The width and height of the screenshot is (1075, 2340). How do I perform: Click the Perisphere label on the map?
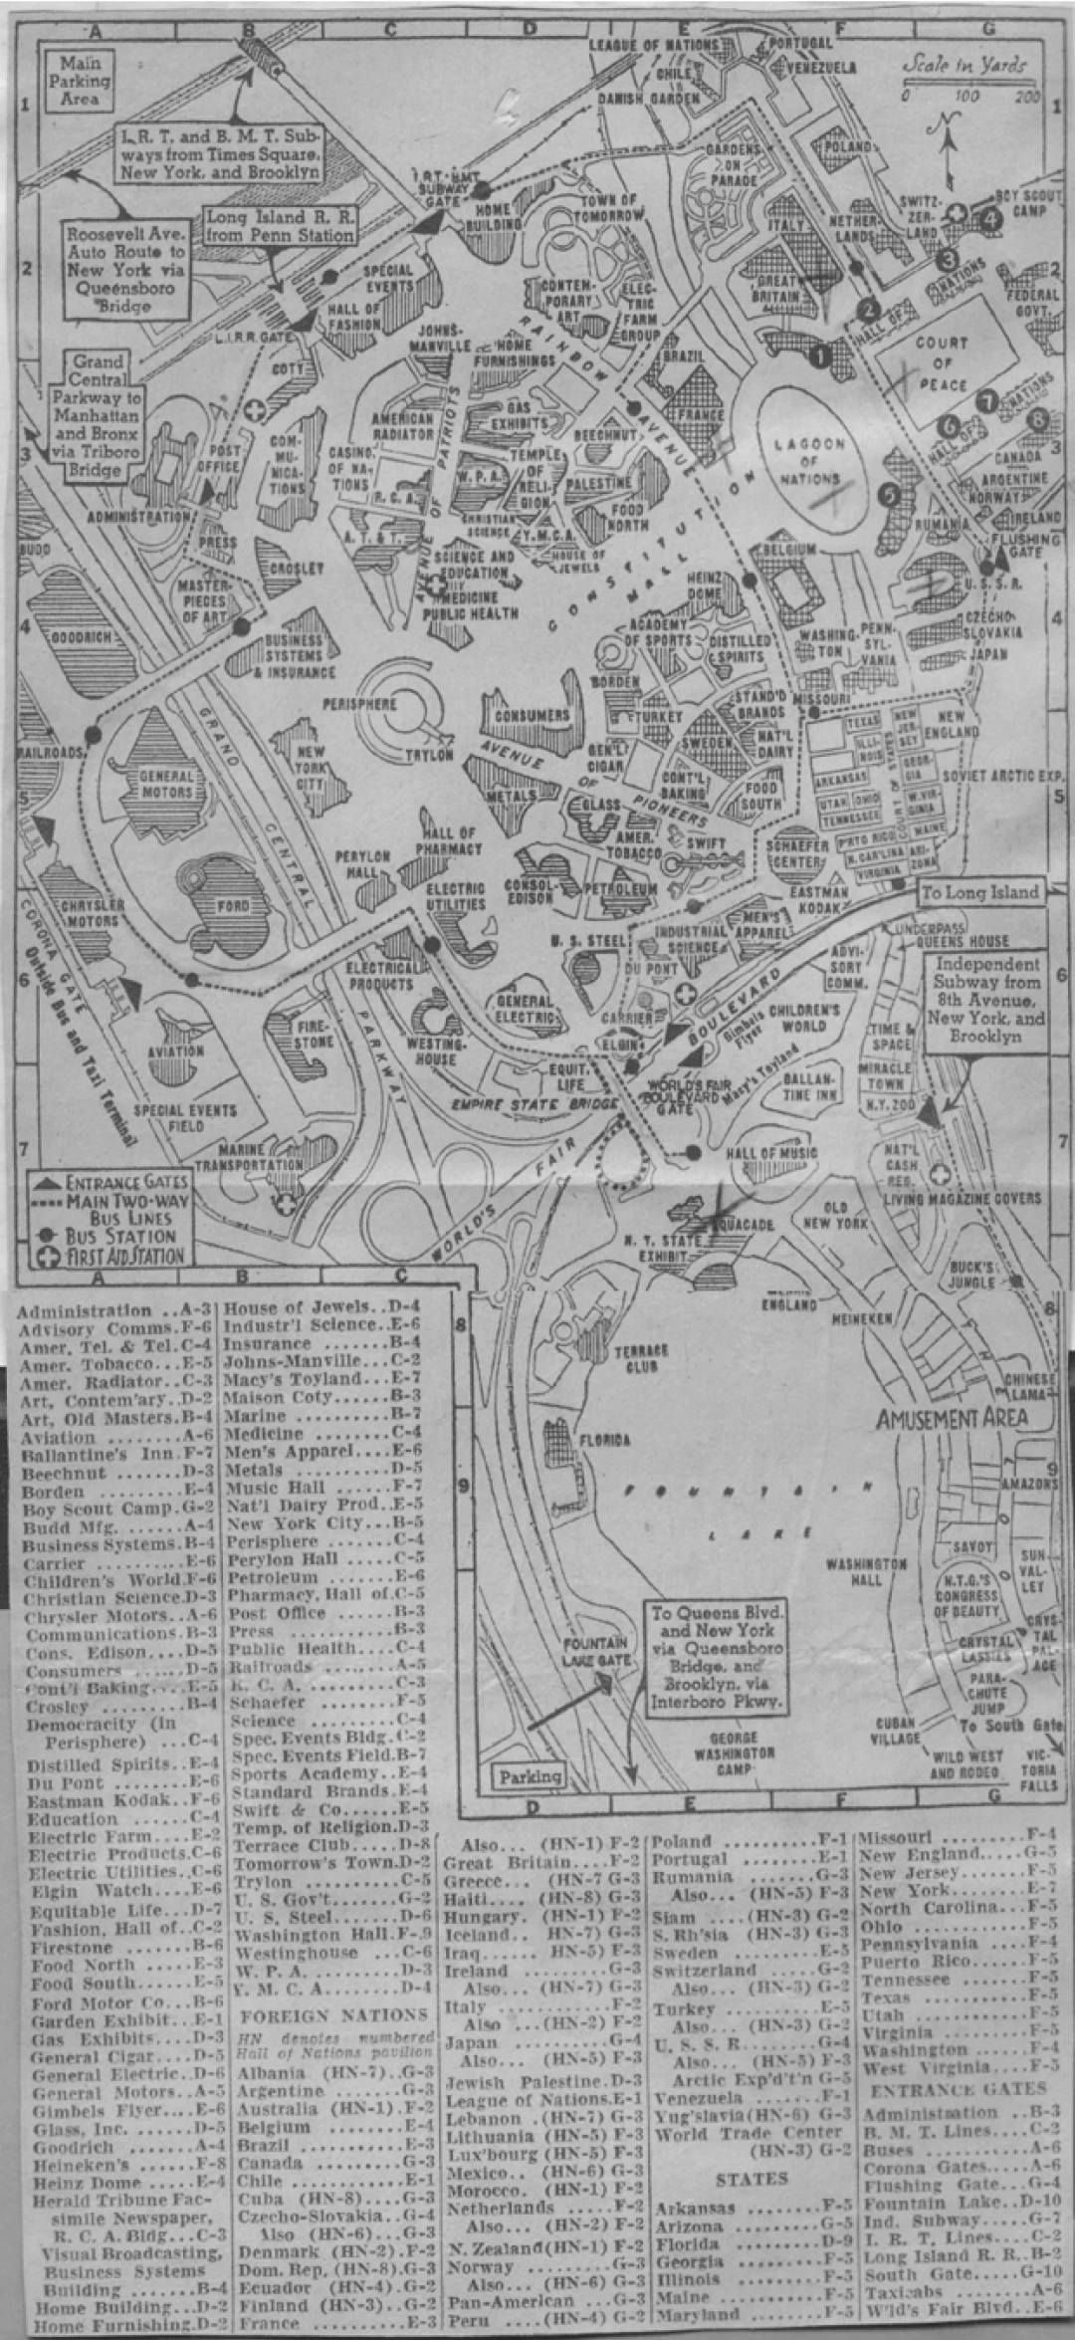(x=358, y=703)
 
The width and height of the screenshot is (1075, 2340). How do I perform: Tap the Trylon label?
(x=428, y=756)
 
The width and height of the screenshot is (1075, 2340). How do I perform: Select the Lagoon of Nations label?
(x=808, y=461)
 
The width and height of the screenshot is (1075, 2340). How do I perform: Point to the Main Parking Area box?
(x=79, y=82)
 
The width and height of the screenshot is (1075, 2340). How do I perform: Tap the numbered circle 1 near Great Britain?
(x=820, y=351)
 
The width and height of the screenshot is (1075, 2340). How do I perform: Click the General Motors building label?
(x=166, y=784)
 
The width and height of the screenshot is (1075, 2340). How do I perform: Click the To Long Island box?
(x=978, y=892)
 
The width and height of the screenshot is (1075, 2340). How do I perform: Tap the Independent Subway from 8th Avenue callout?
(x=986, y=1000)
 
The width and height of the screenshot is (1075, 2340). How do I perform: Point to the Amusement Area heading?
(x=951, y=1419)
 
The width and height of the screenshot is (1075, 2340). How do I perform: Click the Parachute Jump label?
(x=986, y=1685)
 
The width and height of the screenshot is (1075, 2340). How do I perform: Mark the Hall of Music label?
(x=771, y=1152)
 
